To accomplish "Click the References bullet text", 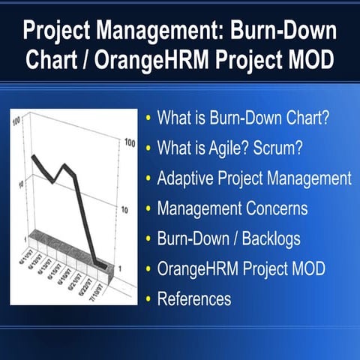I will (x=194, y=298).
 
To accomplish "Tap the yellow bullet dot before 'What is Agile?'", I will (x=148, y=149).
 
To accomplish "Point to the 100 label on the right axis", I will (x=129, y=142).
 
